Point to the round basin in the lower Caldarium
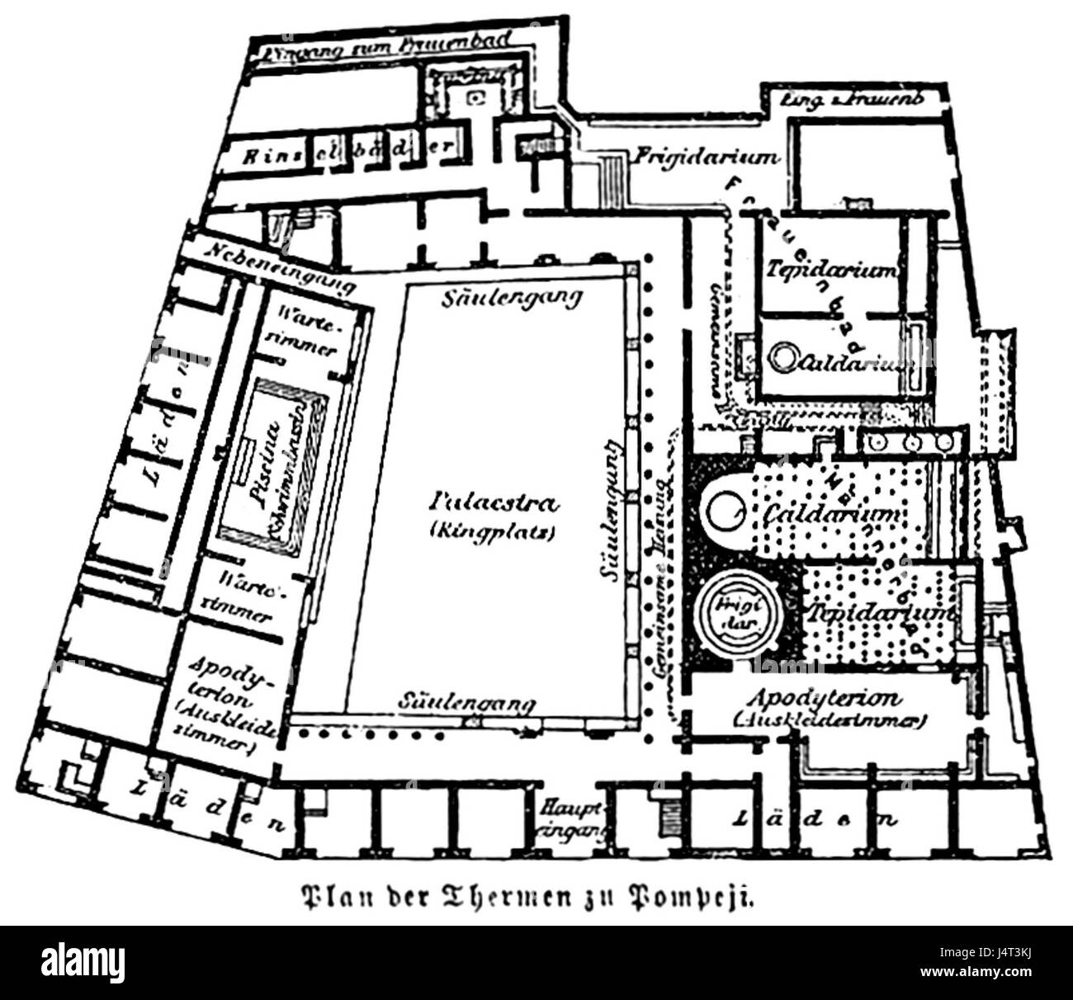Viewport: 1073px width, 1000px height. pos(724,513)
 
